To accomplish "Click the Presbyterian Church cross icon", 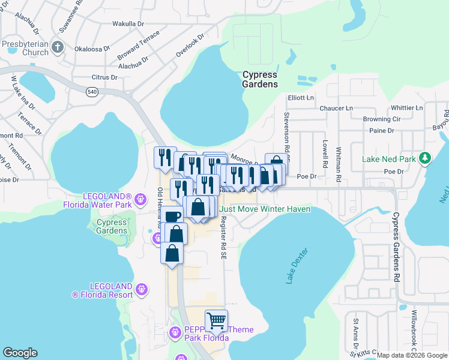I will [58, 47].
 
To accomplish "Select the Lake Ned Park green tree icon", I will [426, 158].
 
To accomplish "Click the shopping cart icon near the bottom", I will [216, 319].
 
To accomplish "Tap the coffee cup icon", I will [172, 216].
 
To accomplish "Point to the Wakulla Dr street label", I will [128, 24].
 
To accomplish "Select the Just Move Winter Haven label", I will [265, 209].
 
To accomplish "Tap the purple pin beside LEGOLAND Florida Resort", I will [142, 289].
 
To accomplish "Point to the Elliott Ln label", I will [301, 98].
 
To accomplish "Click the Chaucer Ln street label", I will [337, 108].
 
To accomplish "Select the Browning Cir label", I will [381, 119].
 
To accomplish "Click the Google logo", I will [20, 353].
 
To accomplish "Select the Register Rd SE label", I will [223, 238].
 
